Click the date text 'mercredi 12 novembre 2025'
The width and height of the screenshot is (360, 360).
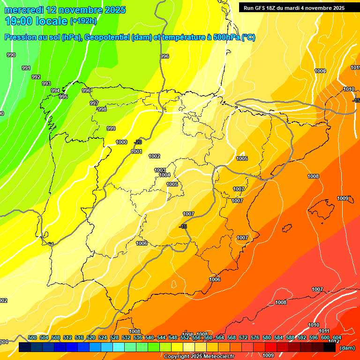[65, 10]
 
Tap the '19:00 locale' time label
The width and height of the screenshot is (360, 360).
[36, 21]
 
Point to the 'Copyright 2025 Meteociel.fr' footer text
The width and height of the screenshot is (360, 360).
[199, 356]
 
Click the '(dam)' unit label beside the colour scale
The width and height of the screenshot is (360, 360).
[346, 348]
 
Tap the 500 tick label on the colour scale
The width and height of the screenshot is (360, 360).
[32, 337]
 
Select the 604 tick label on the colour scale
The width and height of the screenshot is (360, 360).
[337, 337]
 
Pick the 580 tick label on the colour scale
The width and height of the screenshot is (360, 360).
[267, 337]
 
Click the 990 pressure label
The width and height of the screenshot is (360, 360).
[11, 55]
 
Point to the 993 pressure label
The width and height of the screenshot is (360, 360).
[46, 83]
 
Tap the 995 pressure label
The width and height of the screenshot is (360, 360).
[63, 97]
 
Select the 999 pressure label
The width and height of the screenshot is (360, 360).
[111, 128]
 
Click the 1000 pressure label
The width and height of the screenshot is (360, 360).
[121, 142]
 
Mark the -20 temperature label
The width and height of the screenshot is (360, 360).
[138, 142]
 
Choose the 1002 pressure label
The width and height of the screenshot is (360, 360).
[154, 156]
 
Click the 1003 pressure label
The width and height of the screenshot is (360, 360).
[160, 170]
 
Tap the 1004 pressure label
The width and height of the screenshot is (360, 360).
[165, 175]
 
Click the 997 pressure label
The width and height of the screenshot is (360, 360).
[94, 103]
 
